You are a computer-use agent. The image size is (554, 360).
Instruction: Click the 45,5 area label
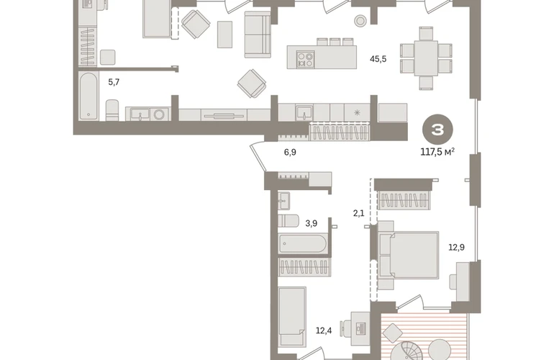coord(378,59)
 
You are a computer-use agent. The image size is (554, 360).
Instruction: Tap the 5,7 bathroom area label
coord(114,82)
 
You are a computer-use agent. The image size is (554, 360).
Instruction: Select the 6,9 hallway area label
coord(290,152)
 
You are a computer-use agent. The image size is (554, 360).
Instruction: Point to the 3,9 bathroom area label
coord(311,223)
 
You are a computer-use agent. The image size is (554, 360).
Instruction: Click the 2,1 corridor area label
coord(358,213)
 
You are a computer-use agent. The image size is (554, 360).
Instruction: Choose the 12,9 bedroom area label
coord(456,247)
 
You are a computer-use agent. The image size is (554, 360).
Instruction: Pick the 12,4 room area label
coord(324,331)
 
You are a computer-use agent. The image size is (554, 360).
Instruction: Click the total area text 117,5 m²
coord(437,152)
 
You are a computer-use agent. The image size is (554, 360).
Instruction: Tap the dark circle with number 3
coord(437,130)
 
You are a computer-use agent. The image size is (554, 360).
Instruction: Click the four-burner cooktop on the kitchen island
coord(305,60)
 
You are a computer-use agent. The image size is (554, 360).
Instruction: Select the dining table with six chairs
coord(426,58)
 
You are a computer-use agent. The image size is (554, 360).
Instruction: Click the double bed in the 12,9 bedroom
coord(409,255)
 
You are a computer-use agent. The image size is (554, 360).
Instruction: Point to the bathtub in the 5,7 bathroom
coord(88,96)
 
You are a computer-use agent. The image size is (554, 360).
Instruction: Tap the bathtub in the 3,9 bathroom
coord(303,243)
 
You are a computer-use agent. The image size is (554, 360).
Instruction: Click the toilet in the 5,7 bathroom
coord(112,110)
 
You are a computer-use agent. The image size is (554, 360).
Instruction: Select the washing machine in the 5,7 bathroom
coord(159,114)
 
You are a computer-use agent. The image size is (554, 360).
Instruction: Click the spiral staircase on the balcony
coord(408,351)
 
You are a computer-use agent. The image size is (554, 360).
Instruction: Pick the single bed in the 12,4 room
coord(292,316)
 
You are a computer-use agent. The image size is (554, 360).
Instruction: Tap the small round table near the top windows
coord(360,21)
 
